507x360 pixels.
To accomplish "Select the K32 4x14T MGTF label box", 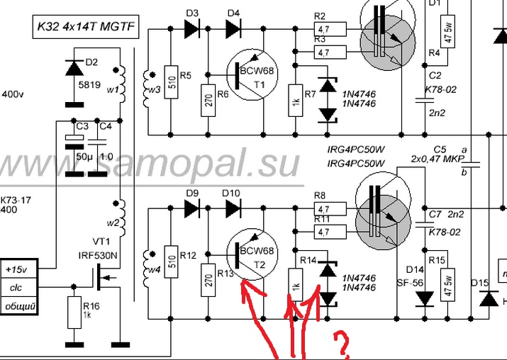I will [x=88, y=28].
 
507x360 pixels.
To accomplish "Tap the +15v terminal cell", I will [x=19, y=270].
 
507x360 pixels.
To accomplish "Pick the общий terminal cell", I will [x=19, y=306].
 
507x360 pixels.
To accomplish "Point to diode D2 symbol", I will [x=73, y=68].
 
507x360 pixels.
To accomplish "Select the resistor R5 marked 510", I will [x=170, y=76].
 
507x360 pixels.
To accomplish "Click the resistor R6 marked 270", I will [x=207, y=95].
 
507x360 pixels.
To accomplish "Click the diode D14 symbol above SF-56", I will [x=425, y=298].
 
